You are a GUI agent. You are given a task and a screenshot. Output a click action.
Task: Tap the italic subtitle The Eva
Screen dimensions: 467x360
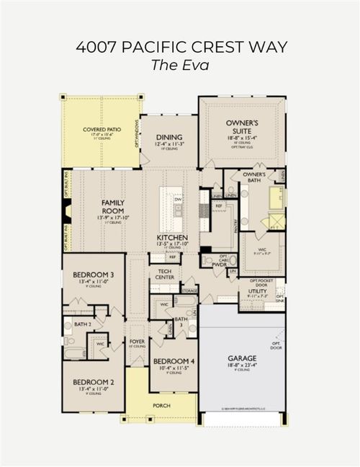coord(180,65)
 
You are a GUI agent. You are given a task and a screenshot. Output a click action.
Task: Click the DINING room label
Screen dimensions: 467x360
coord(168,136)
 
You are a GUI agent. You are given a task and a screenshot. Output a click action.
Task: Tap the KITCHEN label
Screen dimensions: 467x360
coord(173,237)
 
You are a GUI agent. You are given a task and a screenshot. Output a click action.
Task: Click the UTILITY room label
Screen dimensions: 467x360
coord(258,290)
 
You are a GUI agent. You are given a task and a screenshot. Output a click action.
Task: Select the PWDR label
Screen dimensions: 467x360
coord(220,264)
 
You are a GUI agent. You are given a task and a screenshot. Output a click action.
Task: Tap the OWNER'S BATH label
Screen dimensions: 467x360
coord(255,177)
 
